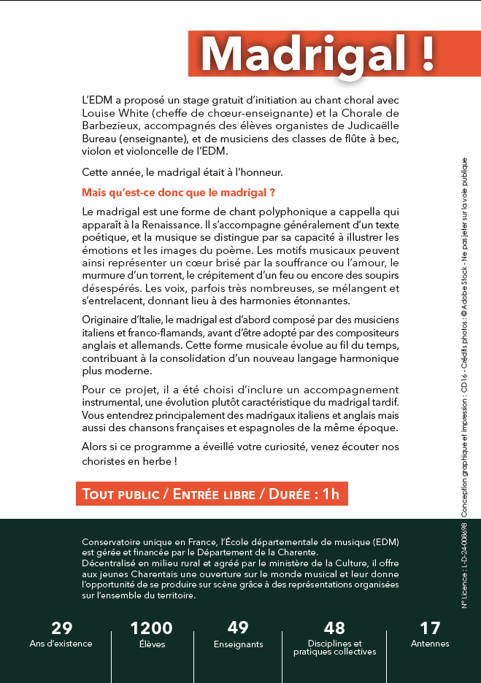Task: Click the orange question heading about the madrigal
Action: [x=179, y=193]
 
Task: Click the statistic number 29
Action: [x=61, y=628]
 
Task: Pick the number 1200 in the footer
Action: [x=152, y=628]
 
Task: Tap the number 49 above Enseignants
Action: [x=238, y=628]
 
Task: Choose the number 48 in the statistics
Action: [x=334, y=628]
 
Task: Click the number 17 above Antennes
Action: [x=430, y=628]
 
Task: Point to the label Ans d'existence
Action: [x=61, y=644]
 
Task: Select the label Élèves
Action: [x=152, y=644]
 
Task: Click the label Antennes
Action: [x=430, y=644]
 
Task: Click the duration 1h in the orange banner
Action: [x=331, y=494]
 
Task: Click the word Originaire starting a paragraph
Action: [x=111, y=320]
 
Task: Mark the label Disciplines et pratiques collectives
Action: [x=334, y=648]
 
